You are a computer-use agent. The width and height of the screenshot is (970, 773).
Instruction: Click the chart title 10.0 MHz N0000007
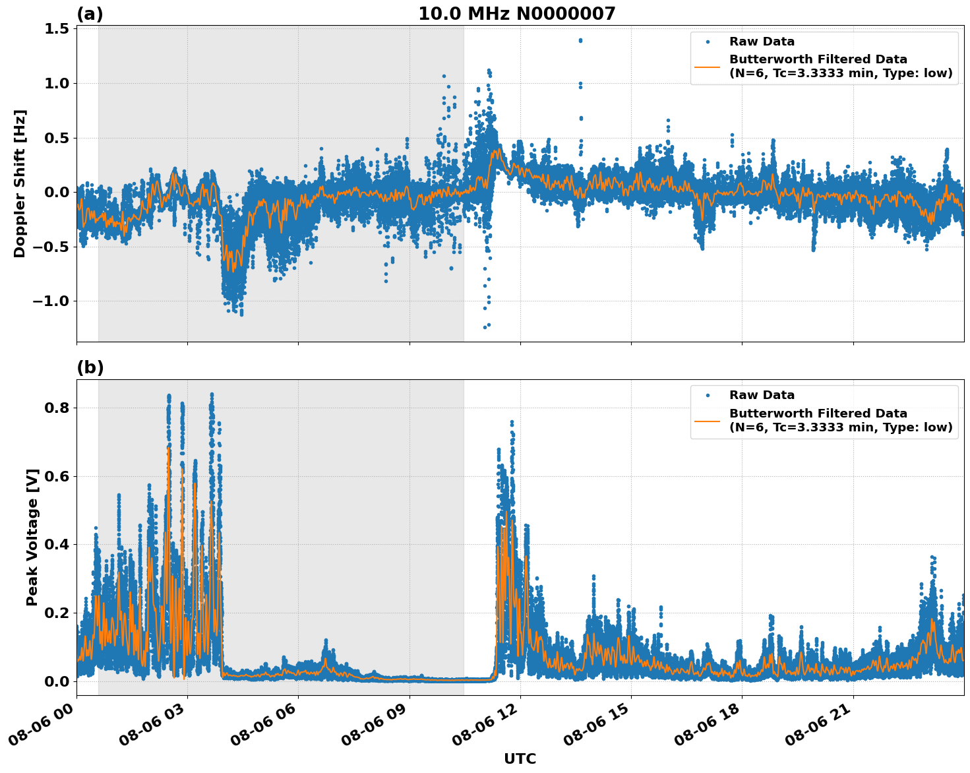click(x=516, y=14)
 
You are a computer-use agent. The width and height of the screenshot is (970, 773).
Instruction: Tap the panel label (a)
click(x=90, y=14)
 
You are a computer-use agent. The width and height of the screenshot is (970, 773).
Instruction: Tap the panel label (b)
click(x=90, y=367)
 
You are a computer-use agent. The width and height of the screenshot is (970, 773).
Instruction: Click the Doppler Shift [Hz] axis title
click(x=20, y=183)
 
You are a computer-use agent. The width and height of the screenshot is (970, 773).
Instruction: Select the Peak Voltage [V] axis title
click(x=32, y=537)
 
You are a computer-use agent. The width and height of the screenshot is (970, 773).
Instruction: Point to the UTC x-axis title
click(x=520, y=758)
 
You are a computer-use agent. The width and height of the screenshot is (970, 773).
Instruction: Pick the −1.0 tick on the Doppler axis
click(x=51, y=301)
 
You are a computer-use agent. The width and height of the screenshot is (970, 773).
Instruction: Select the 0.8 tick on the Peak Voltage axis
click(x=56, y=408)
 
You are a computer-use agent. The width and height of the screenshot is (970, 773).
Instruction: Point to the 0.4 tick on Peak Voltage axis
click(x=56, y=545)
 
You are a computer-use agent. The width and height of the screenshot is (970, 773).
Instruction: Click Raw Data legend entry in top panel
click(x=762, y=42)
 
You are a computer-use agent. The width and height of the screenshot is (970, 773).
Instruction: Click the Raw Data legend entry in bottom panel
click(x=762, y=395)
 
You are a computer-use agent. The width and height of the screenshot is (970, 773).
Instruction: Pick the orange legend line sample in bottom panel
click(x=708, y=420)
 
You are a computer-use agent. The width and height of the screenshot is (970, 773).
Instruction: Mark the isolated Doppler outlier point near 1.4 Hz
click(x=580, y=40)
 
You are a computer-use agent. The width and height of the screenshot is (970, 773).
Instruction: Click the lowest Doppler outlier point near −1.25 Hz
click(x=485, y=327)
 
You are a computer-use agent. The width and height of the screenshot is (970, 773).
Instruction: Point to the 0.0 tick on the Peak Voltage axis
click(x=56, y=681)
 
